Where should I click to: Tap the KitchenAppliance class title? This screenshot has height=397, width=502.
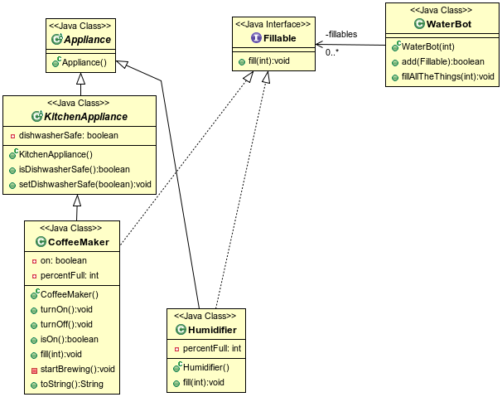[85, 118]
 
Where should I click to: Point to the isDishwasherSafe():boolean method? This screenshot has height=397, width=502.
[73, 169]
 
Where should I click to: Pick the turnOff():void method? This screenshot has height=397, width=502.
[66, 324]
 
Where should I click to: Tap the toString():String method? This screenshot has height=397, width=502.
[72, 384]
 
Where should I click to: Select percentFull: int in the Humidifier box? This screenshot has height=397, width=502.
[211, 348]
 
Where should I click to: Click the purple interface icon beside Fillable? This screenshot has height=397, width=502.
[255, 38]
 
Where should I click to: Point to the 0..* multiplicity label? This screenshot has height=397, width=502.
[332, 52]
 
